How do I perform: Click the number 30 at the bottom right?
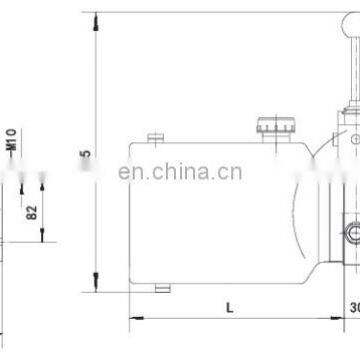pos(352,307)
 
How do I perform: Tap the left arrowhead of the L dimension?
pos(134,319)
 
